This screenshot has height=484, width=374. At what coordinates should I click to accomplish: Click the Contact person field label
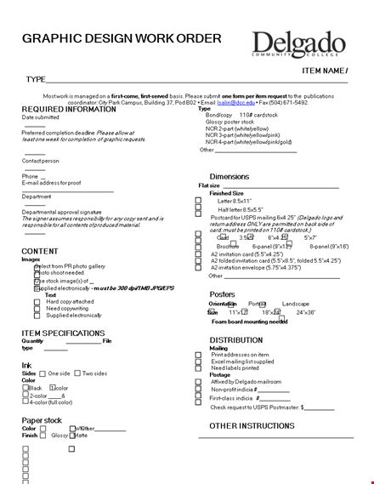[x=41, y=160]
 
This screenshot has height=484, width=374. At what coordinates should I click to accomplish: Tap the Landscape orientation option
[x=296, y=304]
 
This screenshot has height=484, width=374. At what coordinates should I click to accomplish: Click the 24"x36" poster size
[x=306, y=312]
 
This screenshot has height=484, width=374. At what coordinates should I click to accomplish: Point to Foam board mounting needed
[x=249, y=322]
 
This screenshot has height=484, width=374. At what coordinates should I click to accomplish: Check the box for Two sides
[x=78, y=373]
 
